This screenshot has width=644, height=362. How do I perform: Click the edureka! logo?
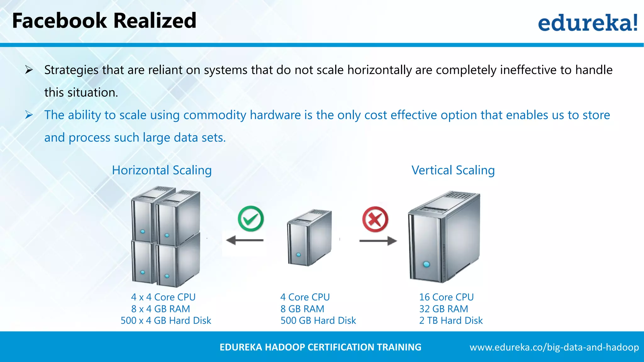point(587,23)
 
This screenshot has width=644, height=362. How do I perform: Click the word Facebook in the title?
point(59,21)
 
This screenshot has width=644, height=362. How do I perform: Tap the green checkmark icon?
point(251,219)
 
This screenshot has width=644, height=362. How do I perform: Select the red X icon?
point(375,219)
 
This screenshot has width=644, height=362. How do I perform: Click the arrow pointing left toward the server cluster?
point(245,241)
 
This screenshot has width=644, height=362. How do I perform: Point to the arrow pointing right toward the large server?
point(378,241)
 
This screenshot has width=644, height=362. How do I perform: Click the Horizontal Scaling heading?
point(162,170)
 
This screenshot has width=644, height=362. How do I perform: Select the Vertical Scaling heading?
point(453,170)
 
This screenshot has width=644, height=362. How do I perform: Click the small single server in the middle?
point(309,238)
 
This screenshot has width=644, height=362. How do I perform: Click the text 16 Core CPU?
point(446,297)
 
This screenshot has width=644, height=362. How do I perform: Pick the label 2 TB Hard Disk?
point(451,321)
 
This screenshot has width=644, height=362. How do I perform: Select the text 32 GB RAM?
point(443,309)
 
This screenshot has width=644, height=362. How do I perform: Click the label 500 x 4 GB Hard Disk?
point(166,321)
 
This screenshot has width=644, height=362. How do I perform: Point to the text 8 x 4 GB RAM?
point(160,309)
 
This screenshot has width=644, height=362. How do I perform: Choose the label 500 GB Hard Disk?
point(318,321)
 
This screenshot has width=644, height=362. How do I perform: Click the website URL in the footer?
point(554,347)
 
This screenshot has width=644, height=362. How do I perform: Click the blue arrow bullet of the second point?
point(29,115)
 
